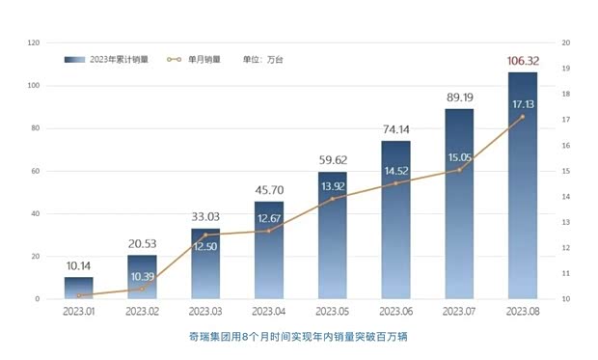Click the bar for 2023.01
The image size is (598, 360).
(79, 288)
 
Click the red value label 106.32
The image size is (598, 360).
(522, 61)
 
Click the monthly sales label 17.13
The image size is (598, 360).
(524, 103)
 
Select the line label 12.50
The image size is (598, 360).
(205, 247)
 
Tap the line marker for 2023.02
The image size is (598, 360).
(143, 289)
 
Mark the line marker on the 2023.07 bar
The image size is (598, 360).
(459, 170)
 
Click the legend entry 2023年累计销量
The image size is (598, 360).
(104, 59)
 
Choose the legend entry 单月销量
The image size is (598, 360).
(195, 59)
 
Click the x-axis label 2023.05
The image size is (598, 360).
(333, 312)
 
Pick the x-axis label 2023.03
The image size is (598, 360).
(205, 312)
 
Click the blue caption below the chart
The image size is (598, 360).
(299, 339)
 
